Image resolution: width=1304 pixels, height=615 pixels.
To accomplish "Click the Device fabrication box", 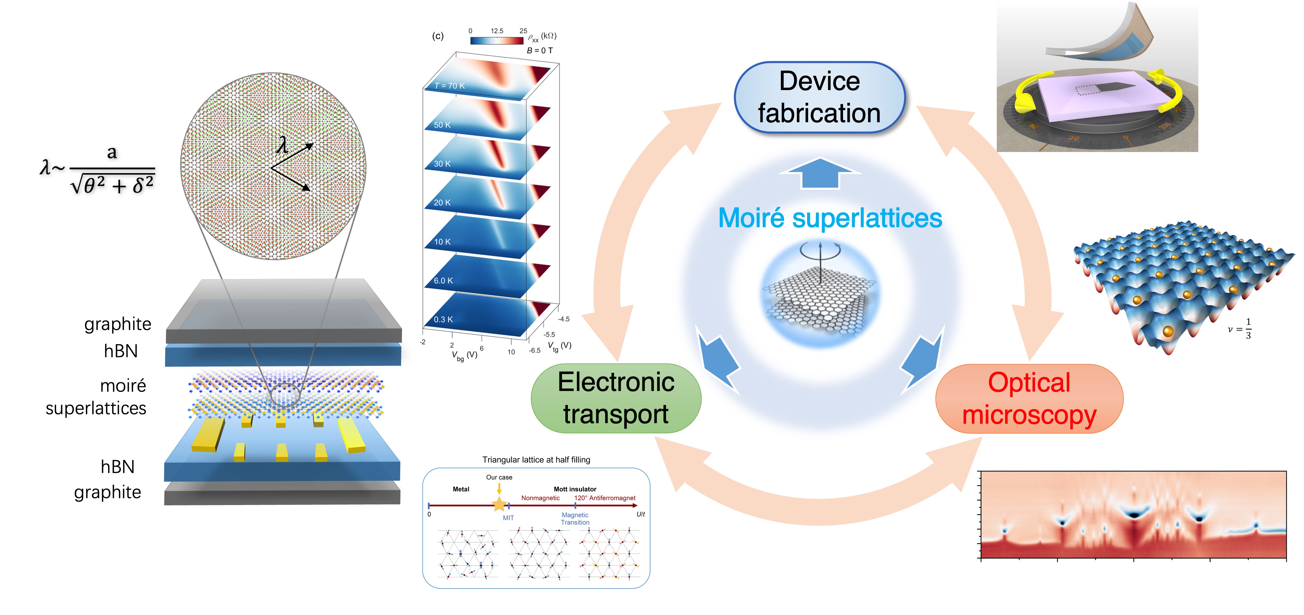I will point(819,97).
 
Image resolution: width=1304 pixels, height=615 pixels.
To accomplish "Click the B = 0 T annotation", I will point(540,51).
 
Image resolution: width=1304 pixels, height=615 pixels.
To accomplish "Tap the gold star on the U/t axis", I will point(499,504).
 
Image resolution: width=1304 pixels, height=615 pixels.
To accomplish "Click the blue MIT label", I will point(508,518).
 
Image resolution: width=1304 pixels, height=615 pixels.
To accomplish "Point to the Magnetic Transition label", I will point(575,519).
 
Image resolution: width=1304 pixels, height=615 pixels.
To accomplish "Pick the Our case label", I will point(499,477).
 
